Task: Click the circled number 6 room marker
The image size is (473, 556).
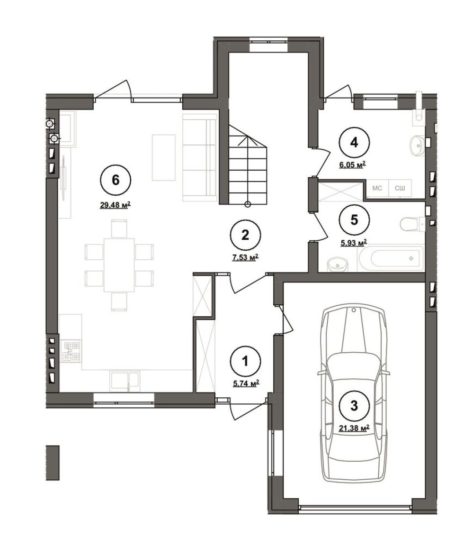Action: (116, 181)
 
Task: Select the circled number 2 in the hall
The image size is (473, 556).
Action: (245, 235)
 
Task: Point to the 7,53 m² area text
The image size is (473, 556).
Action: (245, 257)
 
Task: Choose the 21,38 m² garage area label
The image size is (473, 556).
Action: (354, 428)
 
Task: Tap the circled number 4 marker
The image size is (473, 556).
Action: (354, 142)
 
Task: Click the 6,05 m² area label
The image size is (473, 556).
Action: (352, 164)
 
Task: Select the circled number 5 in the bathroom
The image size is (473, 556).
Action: (354, 220)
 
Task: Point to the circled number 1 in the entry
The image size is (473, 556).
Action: (245, 361)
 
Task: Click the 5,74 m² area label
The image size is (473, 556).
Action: (245, 383)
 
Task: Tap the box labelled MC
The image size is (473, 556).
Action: (377, 188)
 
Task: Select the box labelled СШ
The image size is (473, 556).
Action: (400, 188)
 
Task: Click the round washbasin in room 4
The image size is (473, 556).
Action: (419, 144)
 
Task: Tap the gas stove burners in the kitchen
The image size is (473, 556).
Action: (71, 351)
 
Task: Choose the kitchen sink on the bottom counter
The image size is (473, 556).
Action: (124, 381)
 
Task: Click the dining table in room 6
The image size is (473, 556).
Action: (119, 265)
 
